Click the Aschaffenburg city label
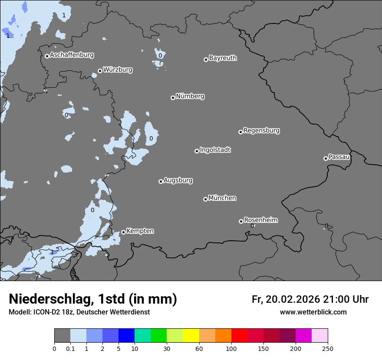coord(72,55)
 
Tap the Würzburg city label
coord(118,70)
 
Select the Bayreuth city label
coord(223,58)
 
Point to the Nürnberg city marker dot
coord(173,98)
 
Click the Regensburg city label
coord(261,131)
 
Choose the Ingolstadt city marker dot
coord(197,151)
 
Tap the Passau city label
coord(339,157)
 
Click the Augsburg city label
coord(178,180)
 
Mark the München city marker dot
coord(205,199)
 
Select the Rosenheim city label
coord(260,220)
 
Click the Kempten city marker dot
coord(123,232)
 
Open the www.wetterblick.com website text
coord(313,312)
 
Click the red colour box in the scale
coord(239,336)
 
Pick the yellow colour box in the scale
coord(191,336)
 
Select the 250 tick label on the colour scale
coord(328,349)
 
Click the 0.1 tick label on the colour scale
coord(70,349)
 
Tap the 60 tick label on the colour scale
coord(199,349)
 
